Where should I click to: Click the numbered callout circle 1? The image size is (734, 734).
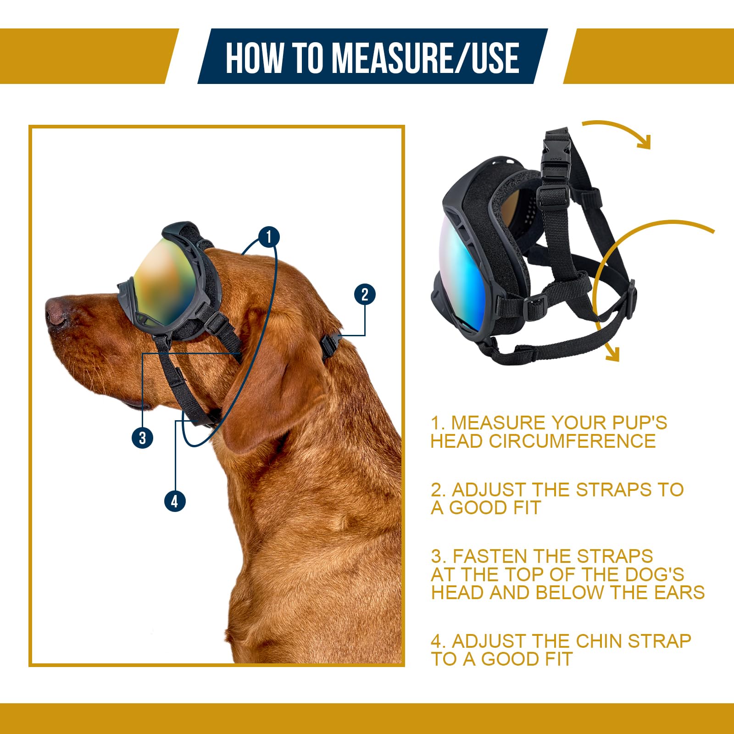pos(269,237)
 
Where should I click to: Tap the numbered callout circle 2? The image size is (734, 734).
pos(365,295)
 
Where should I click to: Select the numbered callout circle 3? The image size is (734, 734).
pos(143,438)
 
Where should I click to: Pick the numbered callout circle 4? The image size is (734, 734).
pos(175,501)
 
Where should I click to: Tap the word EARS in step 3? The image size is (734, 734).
pos(679,592)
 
